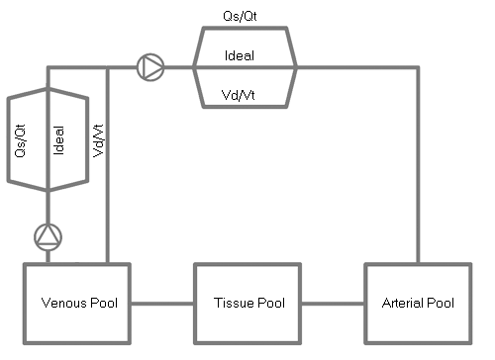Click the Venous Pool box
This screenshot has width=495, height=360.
pos(76,303)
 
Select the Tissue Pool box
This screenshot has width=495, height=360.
pos(247,303)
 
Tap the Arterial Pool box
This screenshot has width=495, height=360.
pos(417,303)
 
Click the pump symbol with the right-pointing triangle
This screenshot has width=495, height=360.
pos(150,67)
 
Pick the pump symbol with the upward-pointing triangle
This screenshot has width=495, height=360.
pos(48,235)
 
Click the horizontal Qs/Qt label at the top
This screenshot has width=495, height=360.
pos(242,17)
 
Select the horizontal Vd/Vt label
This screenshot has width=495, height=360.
pos(242,95)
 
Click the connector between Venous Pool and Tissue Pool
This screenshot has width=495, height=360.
pos(161,303)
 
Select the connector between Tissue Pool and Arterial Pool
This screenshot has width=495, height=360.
pos(332,303)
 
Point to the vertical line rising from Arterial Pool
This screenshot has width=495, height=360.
pos(419,178)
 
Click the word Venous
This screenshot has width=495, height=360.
pos(61,303)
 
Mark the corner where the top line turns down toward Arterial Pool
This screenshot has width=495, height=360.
pos(419,67)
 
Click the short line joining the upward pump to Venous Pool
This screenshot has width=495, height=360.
pos(48,255)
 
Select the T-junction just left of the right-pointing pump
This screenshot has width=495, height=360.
pos(106,67)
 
